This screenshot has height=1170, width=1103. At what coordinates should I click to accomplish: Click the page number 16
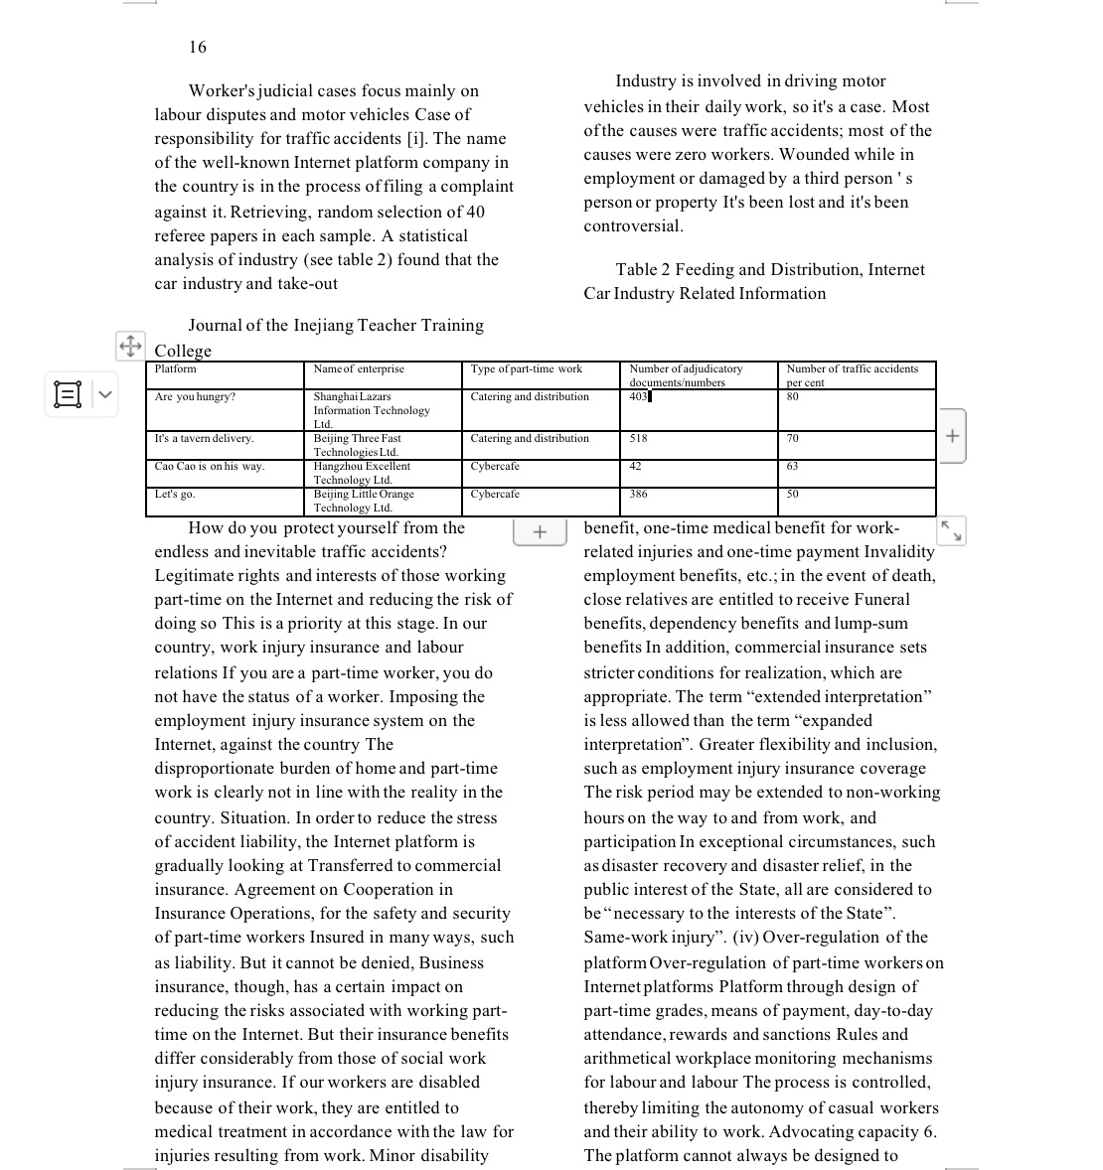198,47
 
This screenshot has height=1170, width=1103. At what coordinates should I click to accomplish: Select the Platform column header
176,369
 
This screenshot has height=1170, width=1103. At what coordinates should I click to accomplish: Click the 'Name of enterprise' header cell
359,369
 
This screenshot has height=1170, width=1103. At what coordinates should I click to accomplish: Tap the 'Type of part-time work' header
527,369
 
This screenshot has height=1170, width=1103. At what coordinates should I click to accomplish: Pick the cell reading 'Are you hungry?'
196,397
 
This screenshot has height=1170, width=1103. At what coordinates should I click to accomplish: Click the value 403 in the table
638,397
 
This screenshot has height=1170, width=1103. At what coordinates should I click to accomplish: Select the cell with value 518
638,439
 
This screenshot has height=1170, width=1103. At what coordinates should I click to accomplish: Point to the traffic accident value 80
793,397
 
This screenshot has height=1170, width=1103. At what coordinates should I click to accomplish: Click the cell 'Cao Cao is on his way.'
210,467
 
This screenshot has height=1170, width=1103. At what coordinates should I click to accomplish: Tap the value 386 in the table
638,495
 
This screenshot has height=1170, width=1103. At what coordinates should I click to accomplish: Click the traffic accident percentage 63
793,467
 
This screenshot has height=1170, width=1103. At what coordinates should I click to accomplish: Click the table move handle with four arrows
130,346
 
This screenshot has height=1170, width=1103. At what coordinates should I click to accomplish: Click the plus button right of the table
952,435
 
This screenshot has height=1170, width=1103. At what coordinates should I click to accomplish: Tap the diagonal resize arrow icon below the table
951,530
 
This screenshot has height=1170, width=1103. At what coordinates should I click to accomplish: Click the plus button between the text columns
540,532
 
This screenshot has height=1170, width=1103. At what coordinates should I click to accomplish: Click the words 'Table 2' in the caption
642,270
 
